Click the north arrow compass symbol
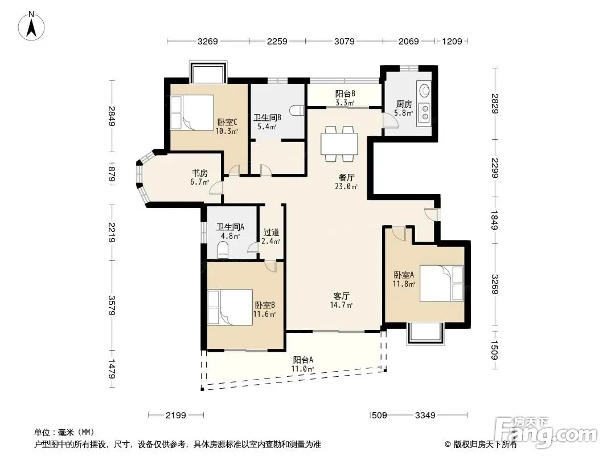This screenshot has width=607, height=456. (31, 26)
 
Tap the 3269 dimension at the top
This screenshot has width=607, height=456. (208, 41)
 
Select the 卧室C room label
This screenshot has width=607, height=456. (227, 122)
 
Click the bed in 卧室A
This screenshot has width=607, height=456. (442, 283)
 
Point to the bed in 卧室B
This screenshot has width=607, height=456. (230, 307)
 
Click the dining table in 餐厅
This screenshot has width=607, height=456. (339, 144)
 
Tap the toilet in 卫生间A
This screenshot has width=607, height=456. (223, 250)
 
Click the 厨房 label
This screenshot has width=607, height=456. (404, 104)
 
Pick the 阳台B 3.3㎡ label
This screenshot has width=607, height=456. (345, 98)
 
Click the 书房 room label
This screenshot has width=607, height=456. (200, 173)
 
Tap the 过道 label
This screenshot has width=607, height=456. (271, 232)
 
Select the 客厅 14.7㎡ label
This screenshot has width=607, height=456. (341, 300)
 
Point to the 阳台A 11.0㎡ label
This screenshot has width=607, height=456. (303, 364)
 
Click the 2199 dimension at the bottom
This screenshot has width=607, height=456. (176, 416)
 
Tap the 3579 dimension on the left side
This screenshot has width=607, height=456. (112, 306)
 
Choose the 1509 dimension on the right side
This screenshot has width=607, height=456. (494, 349)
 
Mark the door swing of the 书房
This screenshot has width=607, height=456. (216, 188)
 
